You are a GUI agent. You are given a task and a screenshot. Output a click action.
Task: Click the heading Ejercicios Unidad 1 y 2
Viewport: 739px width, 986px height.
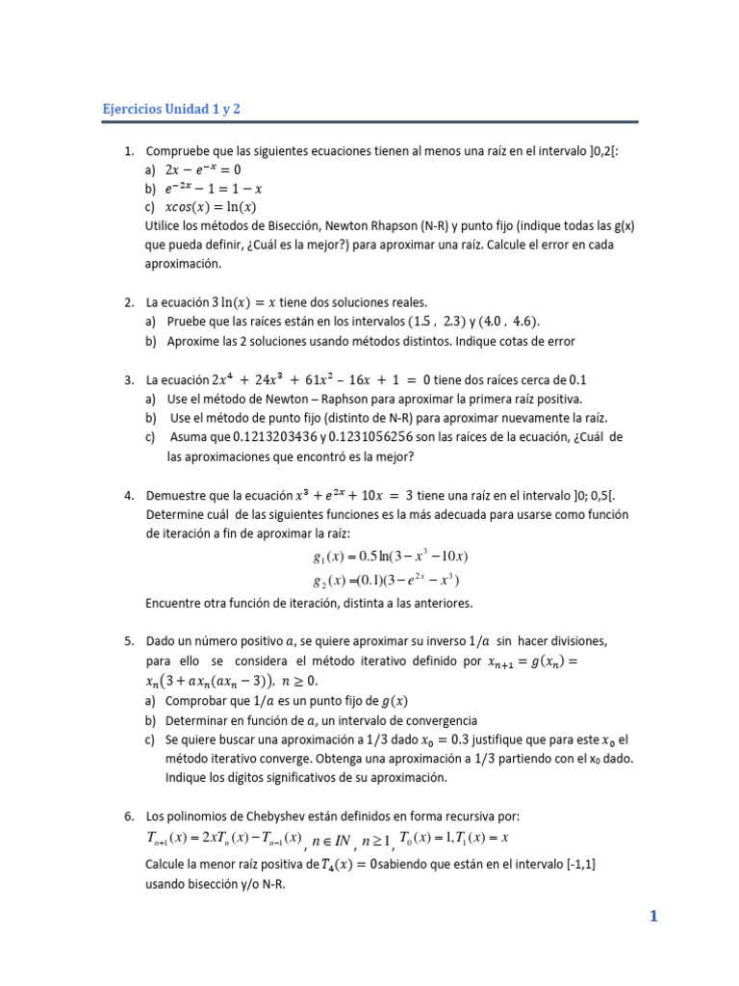171,109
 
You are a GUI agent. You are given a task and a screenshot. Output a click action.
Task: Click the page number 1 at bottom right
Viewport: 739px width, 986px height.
653,917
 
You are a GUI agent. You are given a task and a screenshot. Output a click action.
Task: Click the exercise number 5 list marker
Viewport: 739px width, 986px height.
129,640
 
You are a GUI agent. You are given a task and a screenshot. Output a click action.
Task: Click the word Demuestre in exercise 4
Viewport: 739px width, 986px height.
179,496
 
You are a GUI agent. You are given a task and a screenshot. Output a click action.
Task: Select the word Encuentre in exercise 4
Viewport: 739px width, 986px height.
178,604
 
